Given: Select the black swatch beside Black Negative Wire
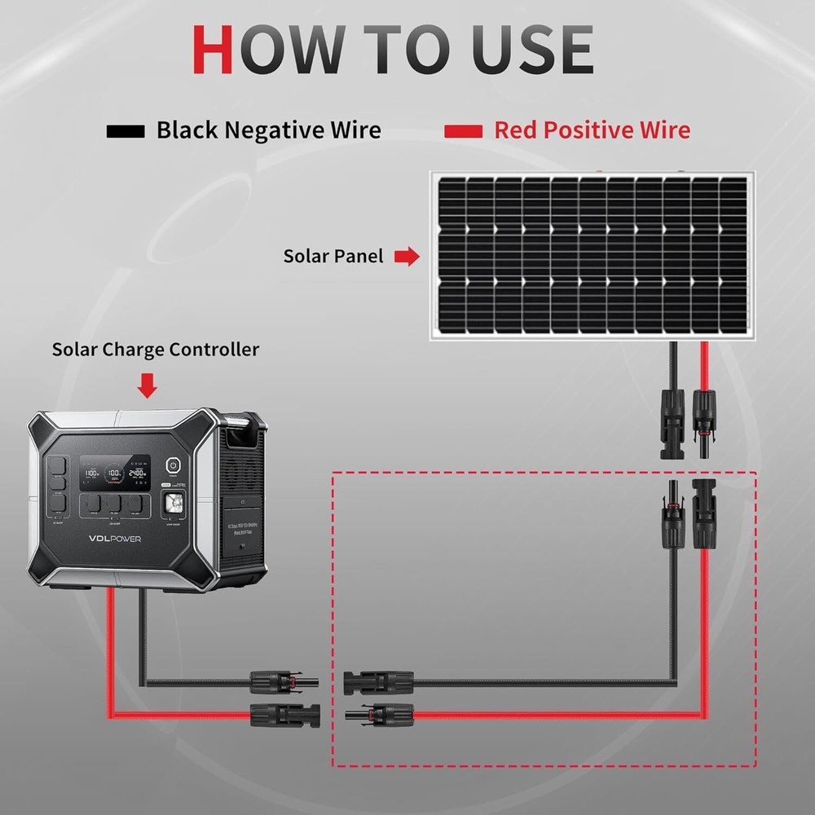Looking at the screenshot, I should click(x=126, y=130).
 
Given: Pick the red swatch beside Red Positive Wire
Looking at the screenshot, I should click(x=464, y=130).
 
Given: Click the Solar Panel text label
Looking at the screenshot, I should click(x=333, y=257).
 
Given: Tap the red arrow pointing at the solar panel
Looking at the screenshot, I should click(x=406, y=258).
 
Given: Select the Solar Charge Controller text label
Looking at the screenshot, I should click(x=155, y=350).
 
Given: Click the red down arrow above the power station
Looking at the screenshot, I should click(x=148, y=385).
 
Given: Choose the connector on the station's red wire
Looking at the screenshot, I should click(x=285, y=715).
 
